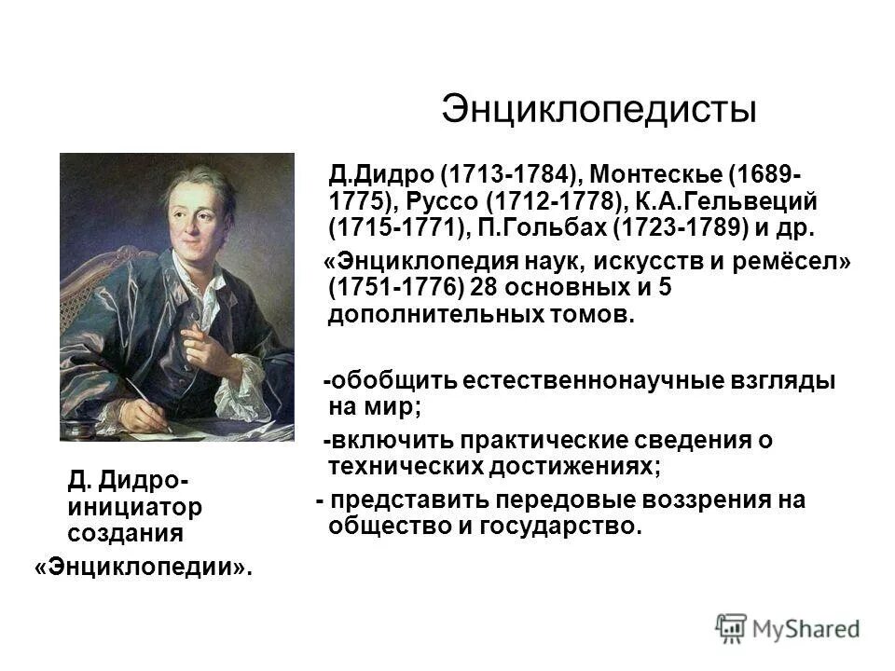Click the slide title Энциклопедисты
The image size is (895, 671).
pyautogui.click(x=598, y=110)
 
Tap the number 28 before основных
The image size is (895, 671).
pyautogui.click(x=484, y=289)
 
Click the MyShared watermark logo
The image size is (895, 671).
pyautogui.click(x=788, y=627)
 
